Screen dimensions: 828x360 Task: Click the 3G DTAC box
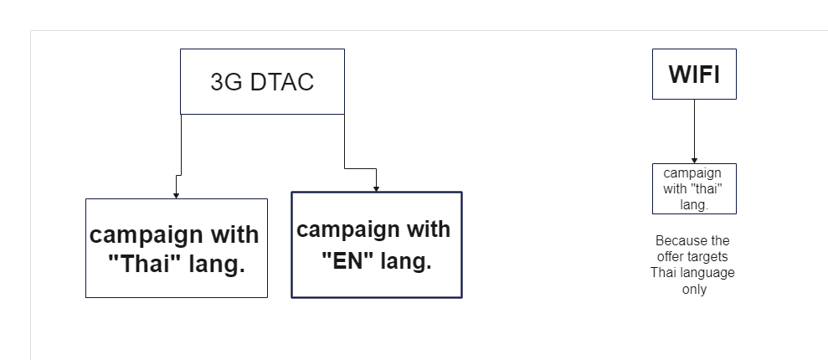[262, 82]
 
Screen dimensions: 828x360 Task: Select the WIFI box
[694, 74]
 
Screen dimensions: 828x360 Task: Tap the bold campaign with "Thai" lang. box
[177, 248]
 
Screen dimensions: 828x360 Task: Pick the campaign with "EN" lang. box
[377, 245]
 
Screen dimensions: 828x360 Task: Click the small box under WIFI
[694, 189]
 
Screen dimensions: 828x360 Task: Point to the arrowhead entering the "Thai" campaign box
[177, 196]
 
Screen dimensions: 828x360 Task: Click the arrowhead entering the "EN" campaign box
[376, 189]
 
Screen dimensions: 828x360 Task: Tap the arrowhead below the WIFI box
[694, 161]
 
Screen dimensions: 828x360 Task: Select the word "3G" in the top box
[226, 82]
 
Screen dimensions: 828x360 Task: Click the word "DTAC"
[282, 82]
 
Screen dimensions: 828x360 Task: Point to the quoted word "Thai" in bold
[148, 264]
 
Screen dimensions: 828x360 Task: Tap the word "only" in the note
[694, 290]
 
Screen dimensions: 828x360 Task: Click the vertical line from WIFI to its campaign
[694, 130]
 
